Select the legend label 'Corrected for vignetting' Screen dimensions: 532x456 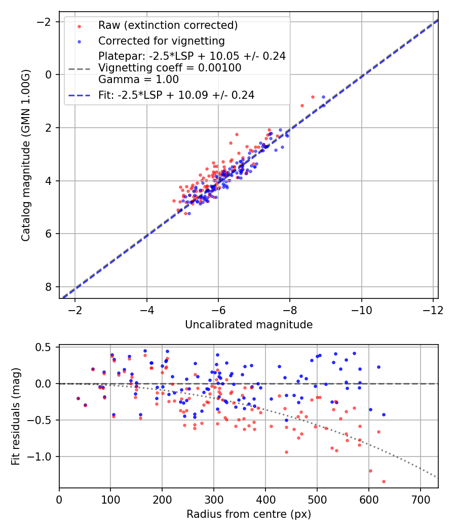(161, 41)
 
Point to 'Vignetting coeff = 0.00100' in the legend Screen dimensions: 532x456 (170, 68)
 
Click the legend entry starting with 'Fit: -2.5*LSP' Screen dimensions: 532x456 (176, 95)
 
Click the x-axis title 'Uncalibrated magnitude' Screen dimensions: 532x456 (248, 324)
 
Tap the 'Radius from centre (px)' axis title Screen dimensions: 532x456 (248, 514)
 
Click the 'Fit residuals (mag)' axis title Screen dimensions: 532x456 (16, 416)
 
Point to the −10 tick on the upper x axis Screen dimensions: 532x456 (361, 310)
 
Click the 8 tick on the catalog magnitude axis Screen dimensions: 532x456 (48, 287)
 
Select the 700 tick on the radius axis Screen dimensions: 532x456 (420, 500)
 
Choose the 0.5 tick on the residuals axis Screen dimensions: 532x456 (46, 347)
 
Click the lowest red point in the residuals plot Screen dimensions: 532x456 (384, 481)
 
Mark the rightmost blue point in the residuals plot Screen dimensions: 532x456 (384, 414)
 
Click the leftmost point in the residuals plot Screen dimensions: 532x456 (78, 399)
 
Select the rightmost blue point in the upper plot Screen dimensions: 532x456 (323, 97)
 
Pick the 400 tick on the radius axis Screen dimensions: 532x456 (265, 500)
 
